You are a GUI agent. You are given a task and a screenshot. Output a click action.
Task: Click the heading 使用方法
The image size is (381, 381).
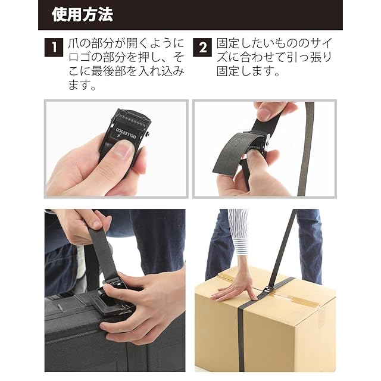[x=82, y=14]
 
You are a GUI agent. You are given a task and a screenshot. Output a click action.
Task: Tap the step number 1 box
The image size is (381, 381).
[x=54, y=48]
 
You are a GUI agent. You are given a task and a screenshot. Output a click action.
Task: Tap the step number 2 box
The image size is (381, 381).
[x=202, y=48]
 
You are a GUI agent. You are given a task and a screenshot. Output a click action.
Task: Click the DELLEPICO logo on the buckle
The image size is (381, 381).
[x=126, y=134]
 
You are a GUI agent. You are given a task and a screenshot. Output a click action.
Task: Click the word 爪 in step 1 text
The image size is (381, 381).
[x=74, y=43]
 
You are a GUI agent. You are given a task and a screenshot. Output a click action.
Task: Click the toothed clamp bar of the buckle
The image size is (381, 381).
[x=131, y=119]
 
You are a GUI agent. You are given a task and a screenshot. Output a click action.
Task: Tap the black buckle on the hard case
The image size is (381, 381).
[x=114, y=299]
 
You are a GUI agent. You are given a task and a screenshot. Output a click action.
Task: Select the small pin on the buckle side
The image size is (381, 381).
[x=148, y=134]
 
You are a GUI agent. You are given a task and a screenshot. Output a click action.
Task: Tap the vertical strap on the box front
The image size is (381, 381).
[x=241, y=340]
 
